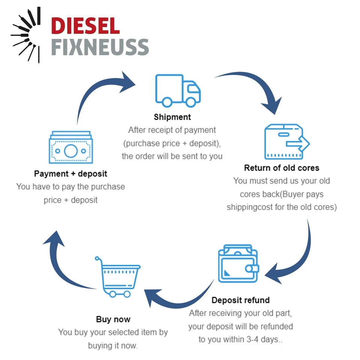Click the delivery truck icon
tap(178, 90)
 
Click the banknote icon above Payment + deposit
tap(70, 148)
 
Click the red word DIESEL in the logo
tap(85, 26)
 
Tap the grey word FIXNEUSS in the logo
tap(100, 47)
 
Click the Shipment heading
tap(172, 117)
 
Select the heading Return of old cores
tap(282, 168)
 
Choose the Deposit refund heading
tap(240, 300)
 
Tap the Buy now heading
tap(113, 319)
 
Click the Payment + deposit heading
tap(70, 174)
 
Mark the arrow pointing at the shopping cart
tap(176, 296)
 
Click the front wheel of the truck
tap(190, 102)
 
